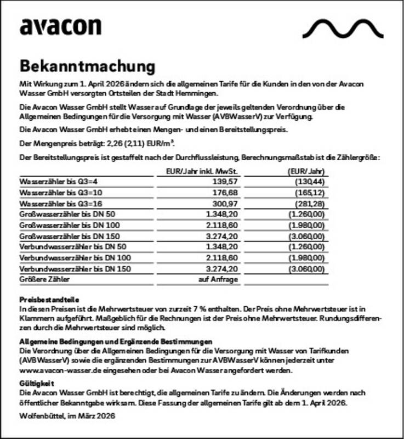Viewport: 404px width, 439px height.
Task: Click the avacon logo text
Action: [60, 27]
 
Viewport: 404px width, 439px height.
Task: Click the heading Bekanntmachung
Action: [87, 66]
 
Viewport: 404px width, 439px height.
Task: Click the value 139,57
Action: [225, 181]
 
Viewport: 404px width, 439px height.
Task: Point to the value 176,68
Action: [225, 193]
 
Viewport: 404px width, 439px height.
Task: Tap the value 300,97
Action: [225, 204]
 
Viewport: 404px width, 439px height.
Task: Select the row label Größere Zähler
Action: [45, 280]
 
